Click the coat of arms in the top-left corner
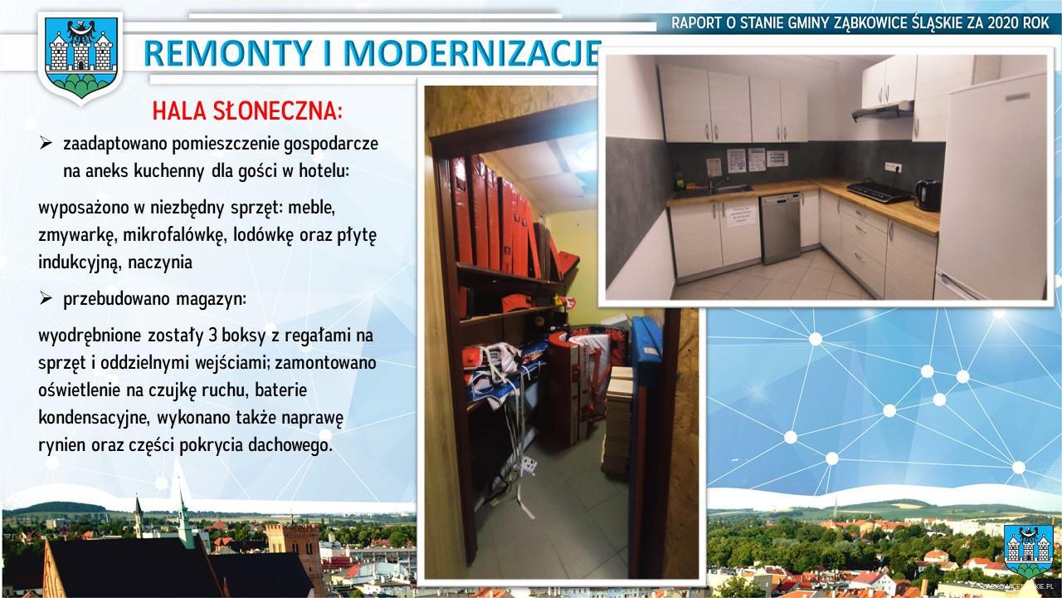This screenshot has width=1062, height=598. click(x=80, y=57)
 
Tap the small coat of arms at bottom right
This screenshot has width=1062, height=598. click(x=1028, y=551)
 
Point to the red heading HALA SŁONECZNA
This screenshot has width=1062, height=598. click(x=247, y=111)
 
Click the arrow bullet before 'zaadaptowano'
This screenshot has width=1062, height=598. click(x=46, y=143)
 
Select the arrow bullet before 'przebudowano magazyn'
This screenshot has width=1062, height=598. click(x=46, y=298)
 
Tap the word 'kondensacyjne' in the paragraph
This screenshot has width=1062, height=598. click(x=94, y=418)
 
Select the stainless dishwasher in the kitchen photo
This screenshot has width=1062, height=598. click(x=780, y=228)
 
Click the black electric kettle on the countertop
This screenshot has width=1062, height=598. click(x=928, y=195)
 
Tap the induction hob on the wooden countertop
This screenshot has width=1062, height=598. click(x=878, y=191)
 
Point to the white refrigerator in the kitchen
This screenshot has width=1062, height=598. click(x=991, y=190)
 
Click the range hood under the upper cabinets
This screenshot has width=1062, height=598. click(x=883, y=111)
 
